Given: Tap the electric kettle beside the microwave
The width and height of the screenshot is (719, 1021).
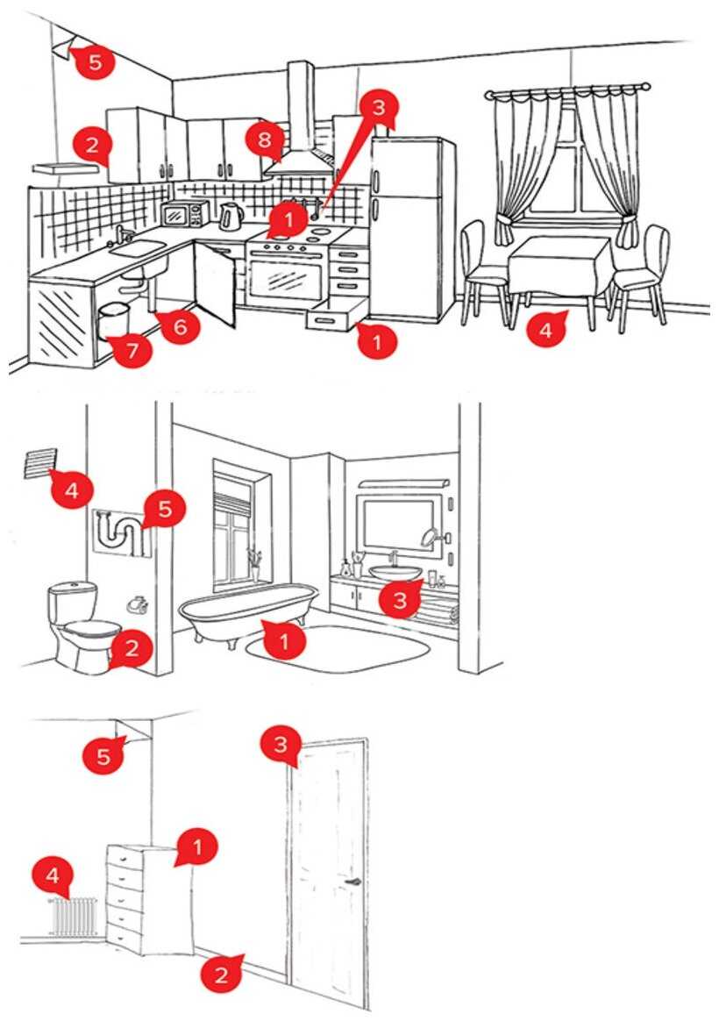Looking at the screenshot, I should tap(230, 215).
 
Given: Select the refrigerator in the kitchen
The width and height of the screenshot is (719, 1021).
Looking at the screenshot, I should tap(411, 228).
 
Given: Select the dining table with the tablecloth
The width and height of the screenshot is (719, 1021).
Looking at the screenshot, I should tap(559, 263).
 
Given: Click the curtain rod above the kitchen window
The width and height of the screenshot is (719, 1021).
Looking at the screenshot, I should tap(567, 89).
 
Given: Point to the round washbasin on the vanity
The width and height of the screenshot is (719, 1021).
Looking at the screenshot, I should tap(396, 572).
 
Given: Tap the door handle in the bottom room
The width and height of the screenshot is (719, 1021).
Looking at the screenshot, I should tap(353, 882).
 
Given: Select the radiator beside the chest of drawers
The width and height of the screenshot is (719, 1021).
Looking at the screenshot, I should tap(74, 916).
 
